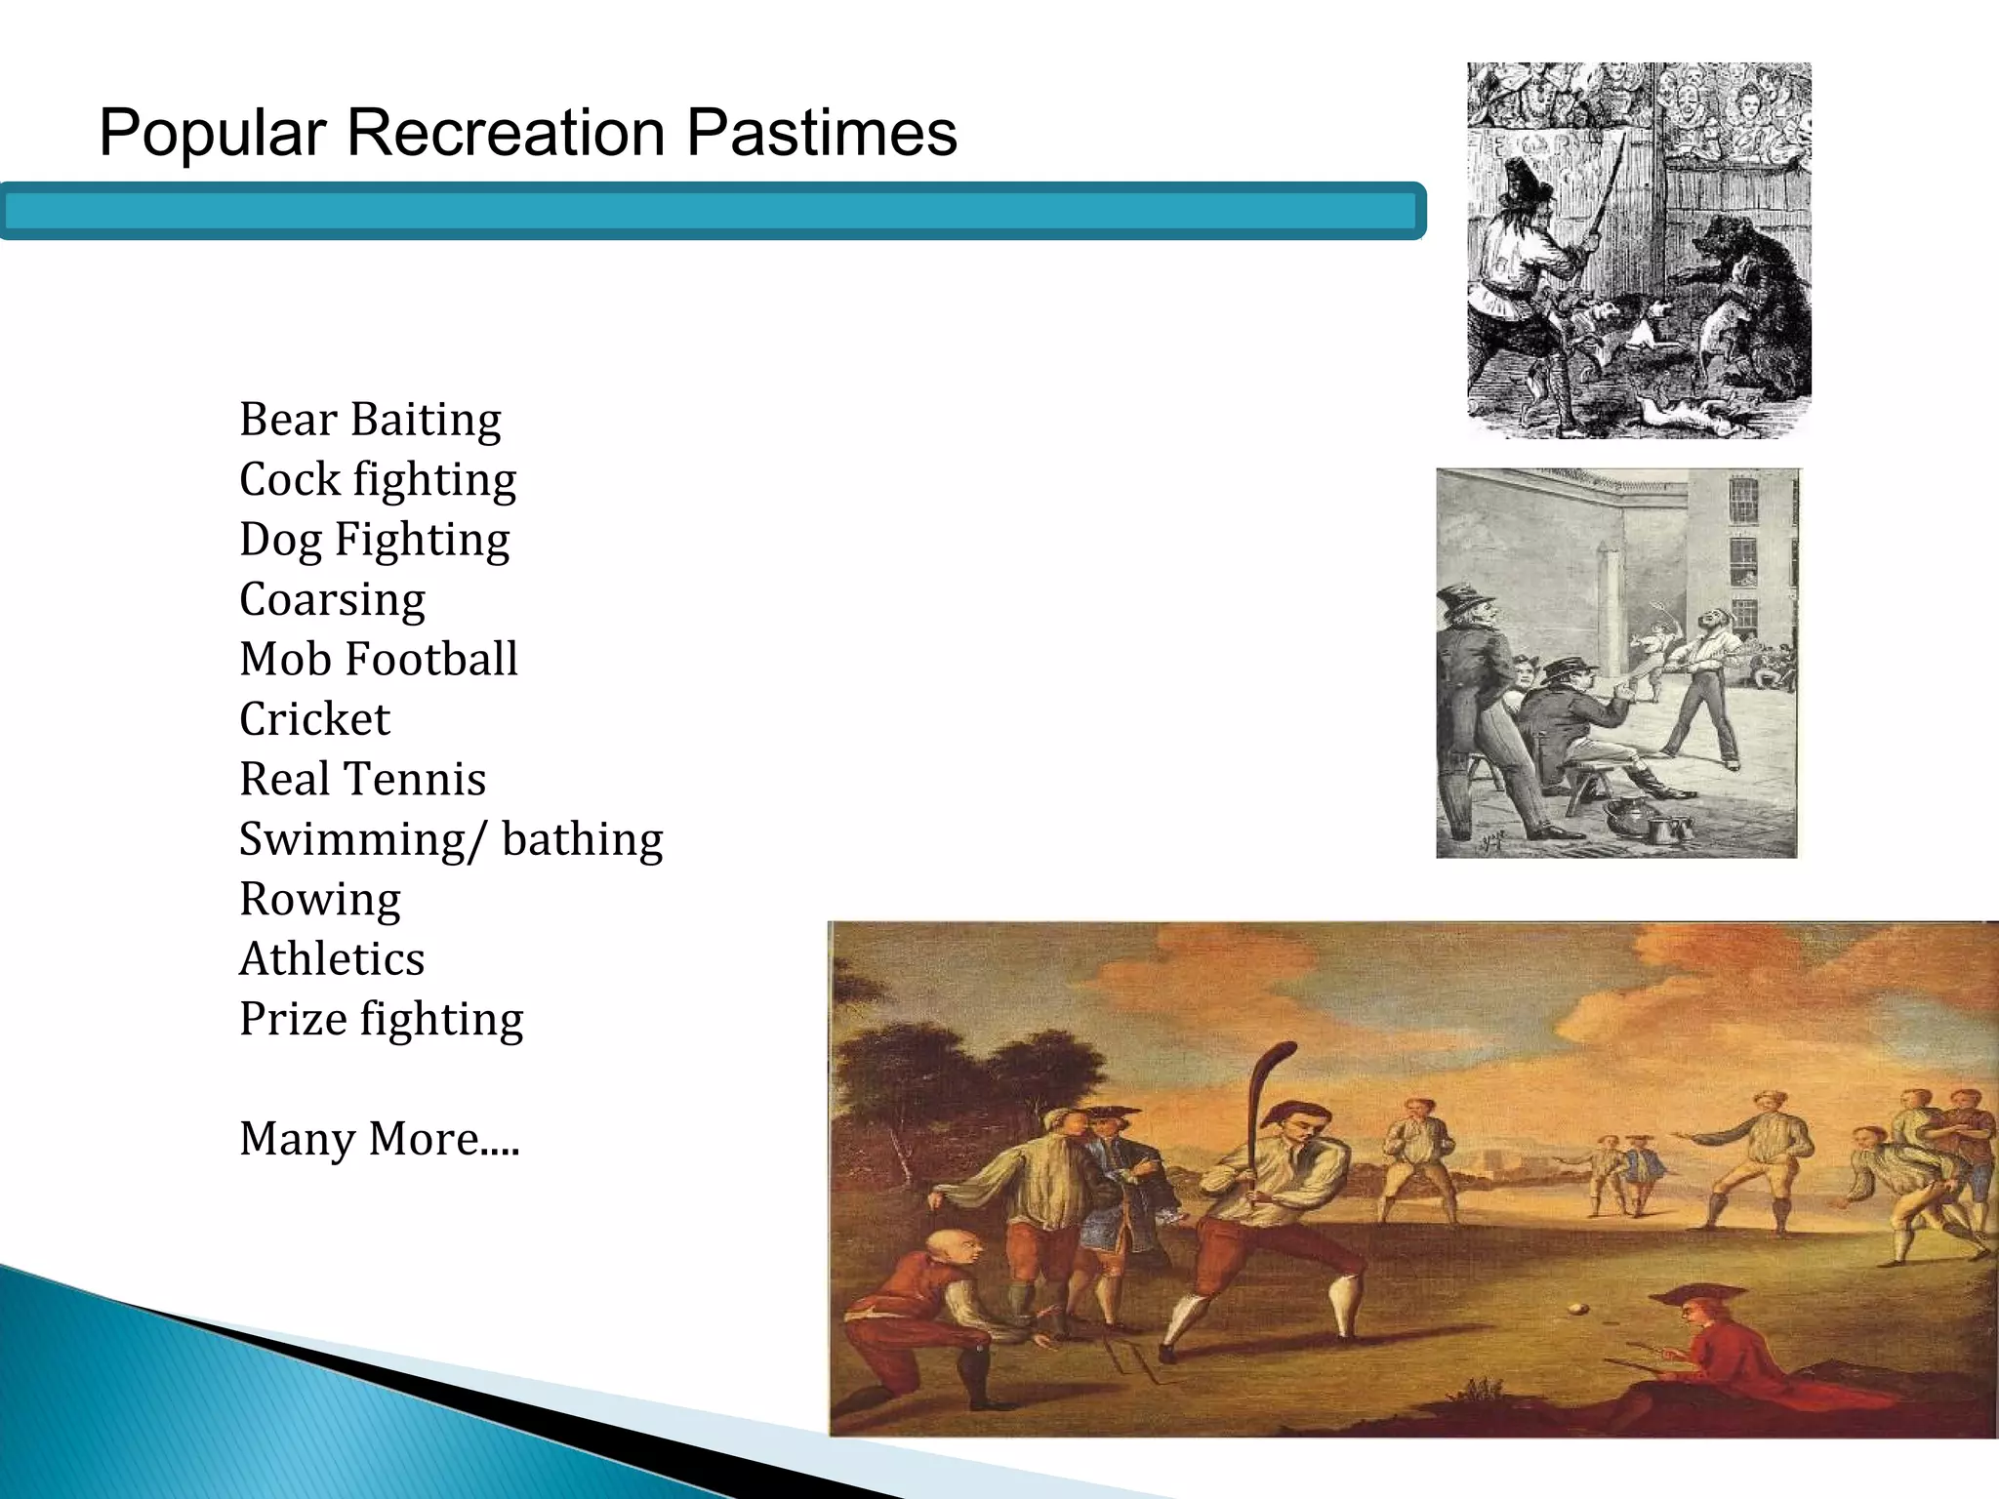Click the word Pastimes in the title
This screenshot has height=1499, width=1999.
click(821, 133)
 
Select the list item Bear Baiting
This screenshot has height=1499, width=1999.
click(370, 420)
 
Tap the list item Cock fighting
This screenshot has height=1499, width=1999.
click(378, 480)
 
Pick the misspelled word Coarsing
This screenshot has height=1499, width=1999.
click(332, 599)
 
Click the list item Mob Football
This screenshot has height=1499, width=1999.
click(378, 660)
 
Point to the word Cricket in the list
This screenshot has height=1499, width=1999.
click(314, 719)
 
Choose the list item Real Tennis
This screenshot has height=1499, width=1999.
click(362, 780)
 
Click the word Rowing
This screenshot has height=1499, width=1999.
click(320, 899)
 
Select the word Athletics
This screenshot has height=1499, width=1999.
click(332, 959)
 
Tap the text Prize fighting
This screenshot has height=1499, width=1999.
click(381, 1020)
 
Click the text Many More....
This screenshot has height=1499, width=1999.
click(379, 1139)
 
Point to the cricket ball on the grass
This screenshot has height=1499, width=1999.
click(1574, 1309)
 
